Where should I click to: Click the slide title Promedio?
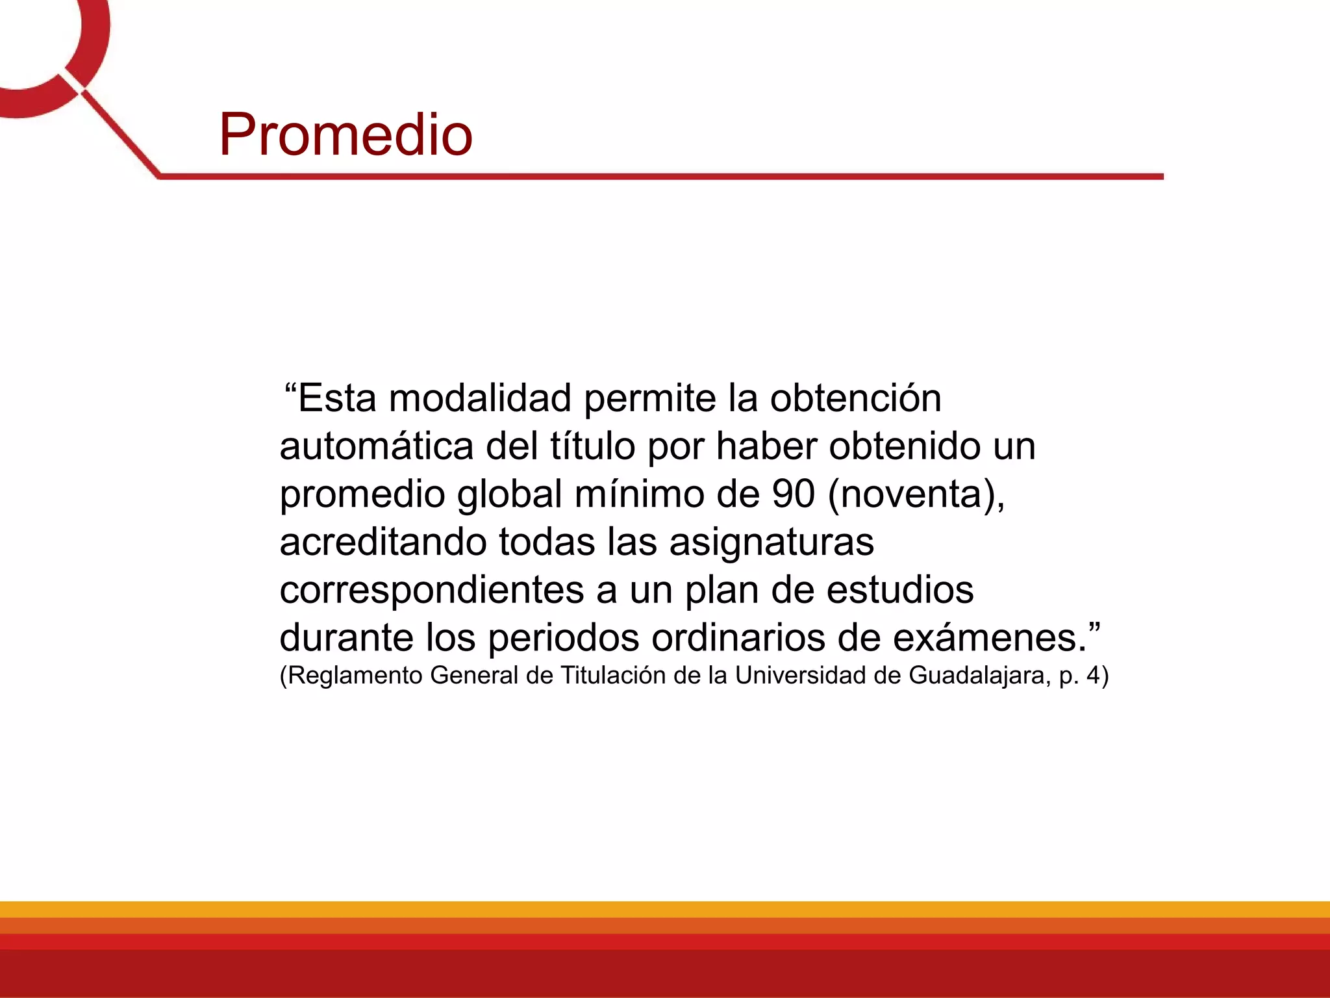(345, 134)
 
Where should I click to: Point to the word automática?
(377, 446)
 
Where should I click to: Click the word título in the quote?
(592, 446)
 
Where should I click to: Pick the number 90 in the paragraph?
(794, 494)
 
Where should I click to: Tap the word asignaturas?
(772, 543)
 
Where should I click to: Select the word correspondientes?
(432, 590)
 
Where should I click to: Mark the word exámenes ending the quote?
(988, 638)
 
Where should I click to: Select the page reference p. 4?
(1081, 676)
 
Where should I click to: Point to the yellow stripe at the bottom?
(665, 909)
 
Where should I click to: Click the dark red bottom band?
(665, 975)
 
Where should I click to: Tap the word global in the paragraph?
(509, 495)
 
